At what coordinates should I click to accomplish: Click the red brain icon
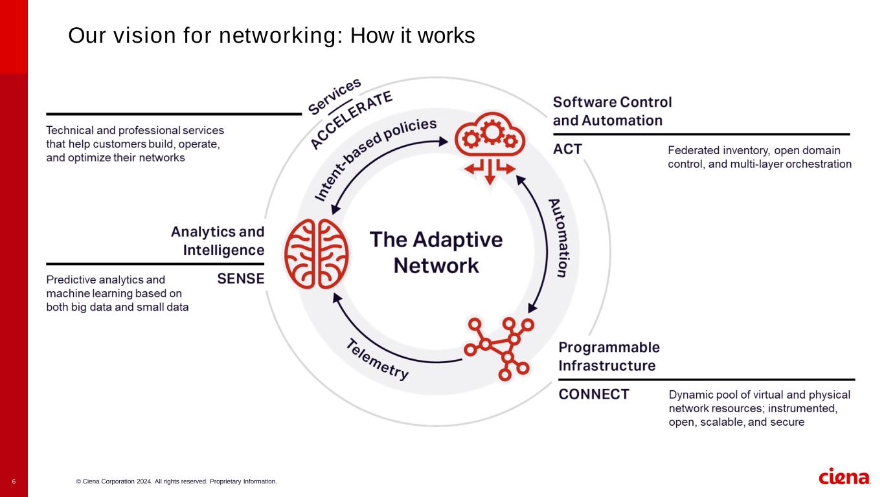(x=317, y=254)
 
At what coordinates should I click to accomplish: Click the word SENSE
(x=240, y=279)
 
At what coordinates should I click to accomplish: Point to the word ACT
(x=567, y=149)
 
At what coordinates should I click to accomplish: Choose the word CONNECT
(x=594, y=394)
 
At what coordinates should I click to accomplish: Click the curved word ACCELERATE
(x=352, y=120)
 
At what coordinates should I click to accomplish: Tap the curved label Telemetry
(x=378, y=359)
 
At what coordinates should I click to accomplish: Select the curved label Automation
(x=558, y=237)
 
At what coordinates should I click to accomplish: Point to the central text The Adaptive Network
(x=436, y=252)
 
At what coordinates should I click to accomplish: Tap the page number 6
(x=14, y=481)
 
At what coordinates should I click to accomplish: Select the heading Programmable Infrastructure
(x=609, y=357)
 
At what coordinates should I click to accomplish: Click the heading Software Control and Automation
(x=612, y=111)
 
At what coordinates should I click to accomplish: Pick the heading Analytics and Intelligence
(x=218, y=241)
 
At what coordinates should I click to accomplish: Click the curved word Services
(x=334, y=96)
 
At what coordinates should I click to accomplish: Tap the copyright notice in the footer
(x=176, y=481)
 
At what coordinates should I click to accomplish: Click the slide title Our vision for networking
(x=271, y=36)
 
